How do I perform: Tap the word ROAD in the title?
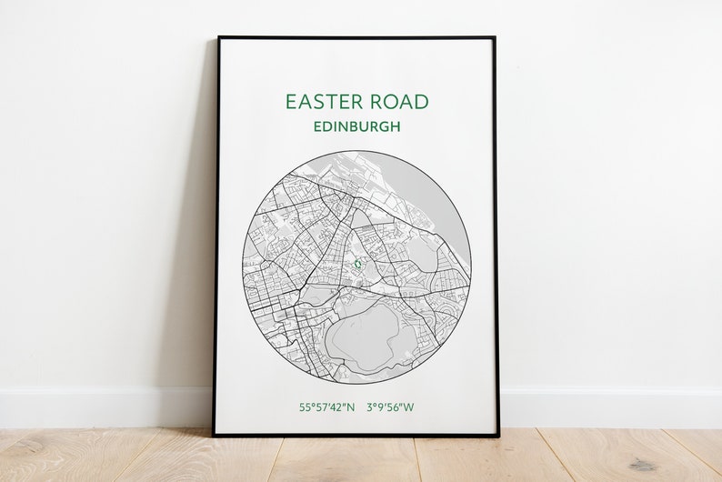pyautogui.click(x=394, y=102)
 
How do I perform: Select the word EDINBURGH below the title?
pyautogui.click(x=356, y=126)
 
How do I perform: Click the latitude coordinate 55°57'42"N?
pyautogui.click(x=327, y=407)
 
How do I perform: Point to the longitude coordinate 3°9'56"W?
pyautogui.click(x=390, y=407)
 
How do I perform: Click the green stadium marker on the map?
pyautogui.click(x=358, y=265)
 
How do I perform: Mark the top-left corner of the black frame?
pyautogui.click(x=217, y=38)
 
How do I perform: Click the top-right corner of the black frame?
pyautogui.click(x=495, y=38)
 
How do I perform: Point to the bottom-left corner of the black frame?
pyautogui.click(x=215, y=435)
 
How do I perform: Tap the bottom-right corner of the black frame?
pyautogui.click(x=498, y=435)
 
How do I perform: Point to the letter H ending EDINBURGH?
pyautogui.click(x=396, y=126)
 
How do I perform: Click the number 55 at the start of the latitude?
pyautogui.click(x=305, y=407)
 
